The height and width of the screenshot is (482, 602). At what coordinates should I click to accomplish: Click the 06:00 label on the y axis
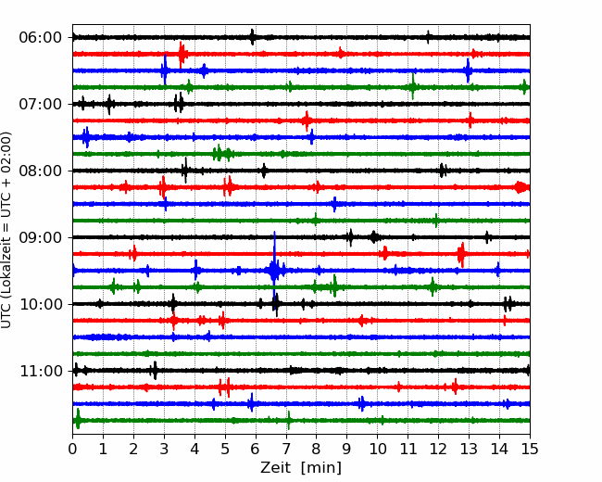tap(41, 38)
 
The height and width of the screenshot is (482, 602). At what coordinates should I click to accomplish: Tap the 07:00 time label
tap(41, 104)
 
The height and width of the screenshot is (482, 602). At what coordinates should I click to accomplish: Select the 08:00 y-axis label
tap(41, 171)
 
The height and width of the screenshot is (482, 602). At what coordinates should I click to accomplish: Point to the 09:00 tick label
tap(41, 237)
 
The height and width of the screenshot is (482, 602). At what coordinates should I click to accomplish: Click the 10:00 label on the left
tap(41, 304)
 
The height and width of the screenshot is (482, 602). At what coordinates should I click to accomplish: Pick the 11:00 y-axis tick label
tap(41, 371)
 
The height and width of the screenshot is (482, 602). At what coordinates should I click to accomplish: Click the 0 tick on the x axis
tap(72, 449)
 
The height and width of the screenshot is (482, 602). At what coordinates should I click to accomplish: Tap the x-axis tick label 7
tap(286, 449)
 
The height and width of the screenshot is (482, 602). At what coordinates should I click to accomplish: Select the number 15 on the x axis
tap(530, 449)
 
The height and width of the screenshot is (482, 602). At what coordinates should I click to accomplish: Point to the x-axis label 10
tap(377, 449)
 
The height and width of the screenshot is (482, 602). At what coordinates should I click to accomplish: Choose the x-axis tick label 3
tap(164, 449)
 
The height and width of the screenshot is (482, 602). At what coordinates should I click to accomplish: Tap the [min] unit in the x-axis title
tap(321, 468)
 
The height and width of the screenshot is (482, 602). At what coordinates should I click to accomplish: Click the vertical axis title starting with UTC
tap(6, 230)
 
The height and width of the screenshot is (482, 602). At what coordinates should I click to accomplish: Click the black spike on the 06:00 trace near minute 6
tap(252, 37)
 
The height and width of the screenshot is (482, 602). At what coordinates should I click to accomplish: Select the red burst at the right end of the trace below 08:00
tap(521, 187)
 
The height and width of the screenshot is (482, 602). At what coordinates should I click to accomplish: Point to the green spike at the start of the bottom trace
tap(78, 419)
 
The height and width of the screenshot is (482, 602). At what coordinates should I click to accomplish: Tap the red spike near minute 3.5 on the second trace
tap(182, 54)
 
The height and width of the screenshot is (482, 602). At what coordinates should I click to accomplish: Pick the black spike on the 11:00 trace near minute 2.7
tap(155, 371)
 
